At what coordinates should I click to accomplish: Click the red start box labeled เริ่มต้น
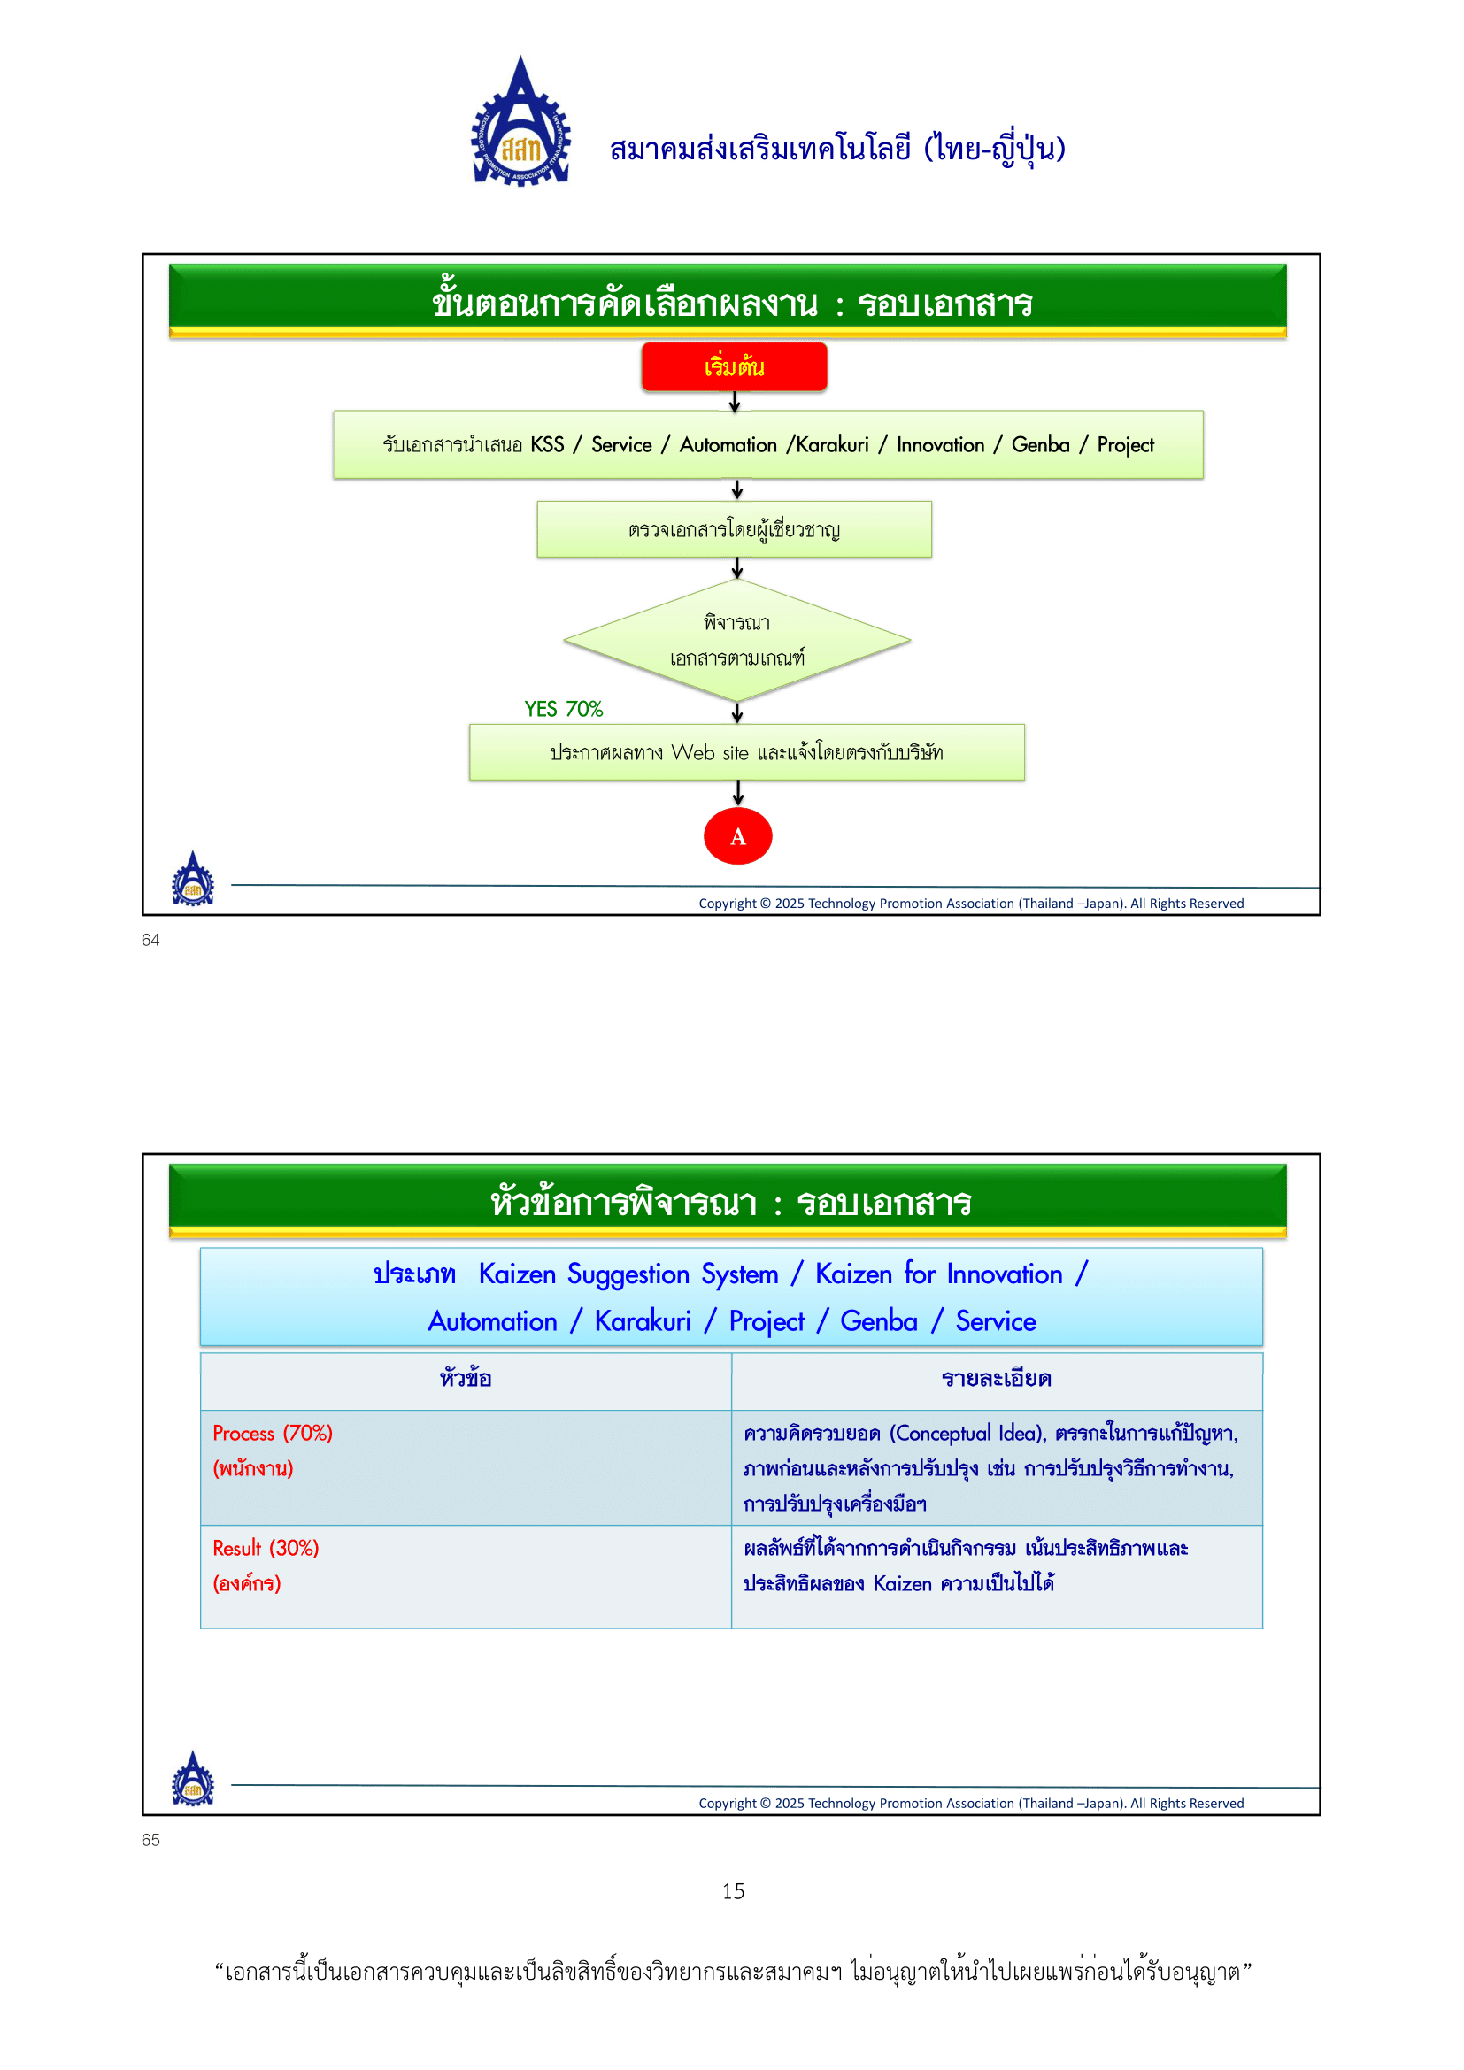[x=734, y=367]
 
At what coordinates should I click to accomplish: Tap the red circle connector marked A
[x=737, y=836]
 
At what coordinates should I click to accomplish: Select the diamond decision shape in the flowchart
[x=736, y=640]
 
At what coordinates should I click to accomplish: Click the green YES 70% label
[x=564, y=710]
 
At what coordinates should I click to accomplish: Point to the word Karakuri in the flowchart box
[x=832, y=445]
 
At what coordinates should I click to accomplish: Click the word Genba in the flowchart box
[x=1040, y=445]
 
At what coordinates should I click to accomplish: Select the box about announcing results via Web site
[x=746, y=753]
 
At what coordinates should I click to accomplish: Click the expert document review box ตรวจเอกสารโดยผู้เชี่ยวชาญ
[x=734, y=530]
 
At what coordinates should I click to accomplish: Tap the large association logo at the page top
[x=521, y=124]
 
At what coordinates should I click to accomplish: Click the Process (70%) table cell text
[x=273, y=1434]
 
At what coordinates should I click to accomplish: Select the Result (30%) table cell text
[x=266, y=1548]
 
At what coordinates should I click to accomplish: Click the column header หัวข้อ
[x=466, y=1379]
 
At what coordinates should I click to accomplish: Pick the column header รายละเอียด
[x=996, y=1379]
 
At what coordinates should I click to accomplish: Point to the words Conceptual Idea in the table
[x=967, y=1434]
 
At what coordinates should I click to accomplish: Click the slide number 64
[x=150, y=941]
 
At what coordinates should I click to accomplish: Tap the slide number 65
[x=150, y=1840]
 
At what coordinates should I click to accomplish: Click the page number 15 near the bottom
[x=733, y=1891]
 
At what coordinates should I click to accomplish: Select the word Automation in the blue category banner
[x=493, y=1321]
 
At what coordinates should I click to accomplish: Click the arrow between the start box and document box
[x=735, y=402]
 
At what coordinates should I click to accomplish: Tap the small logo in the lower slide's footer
[x=193, y=1780]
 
